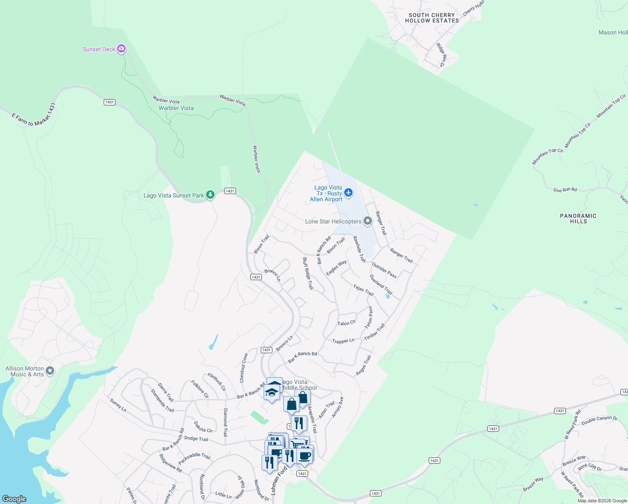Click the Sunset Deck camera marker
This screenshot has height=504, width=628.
pos(121,49)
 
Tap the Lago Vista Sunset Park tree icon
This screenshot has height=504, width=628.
pos(210,194)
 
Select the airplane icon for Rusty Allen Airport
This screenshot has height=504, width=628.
pos(348,192)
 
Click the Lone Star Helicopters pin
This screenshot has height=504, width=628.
pos(368,221)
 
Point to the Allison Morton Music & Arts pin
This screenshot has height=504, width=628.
pos(50,370)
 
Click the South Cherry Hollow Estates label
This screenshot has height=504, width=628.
pos(432,18)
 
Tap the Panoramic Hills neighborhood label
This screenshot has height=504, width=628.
pos(578,218)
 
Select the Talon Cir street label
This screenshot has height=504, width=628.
pos(346,323)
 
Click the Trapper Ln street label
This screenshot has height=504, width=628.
pos(343,341)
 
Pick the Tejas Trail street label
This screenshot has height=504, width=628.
pos(363,290)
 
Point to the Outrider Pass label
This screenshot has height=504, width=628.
pos(384,270)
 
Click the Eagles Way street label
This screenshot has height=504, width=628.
pos(336,268)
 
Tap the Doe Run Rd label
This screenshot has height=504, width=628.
pos(565,190)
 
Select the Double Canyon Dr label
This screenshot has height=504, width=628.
pos(599,420)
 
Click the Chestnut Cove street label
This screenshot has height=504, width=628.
pos(243,368)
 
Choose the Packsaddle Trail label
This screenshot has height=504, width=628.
pos(194,458)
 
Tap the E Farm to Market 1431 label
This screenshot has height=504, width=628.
pos(34,115)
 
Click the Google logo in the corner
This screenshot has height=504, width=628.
pos(14,499)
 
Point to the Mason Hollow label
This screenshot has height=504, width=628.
pos(613,32)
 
